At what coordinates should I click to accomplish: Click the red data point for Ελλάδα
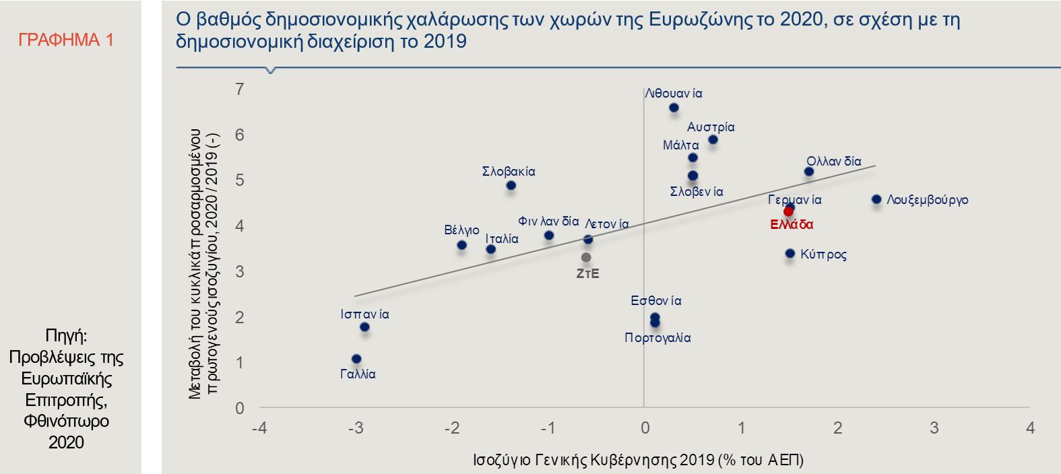[788, 211]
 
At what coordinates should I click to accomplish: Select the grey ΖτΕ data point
[586, 257]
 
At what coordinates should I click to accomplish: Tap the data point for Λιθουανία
[674, 108]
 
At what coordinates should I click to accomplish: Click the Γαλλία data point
[356, 359]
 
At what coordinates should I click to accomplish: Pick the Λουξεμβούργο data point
[876, 199]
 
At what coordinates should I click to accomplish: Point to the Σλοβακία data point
[511, 185]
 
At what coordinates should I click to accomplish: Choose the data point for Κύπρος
[790, 254]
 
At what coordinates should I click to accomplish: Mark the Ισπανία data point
[364, 327]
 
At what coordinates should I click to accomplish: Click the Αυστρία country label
[711, 127]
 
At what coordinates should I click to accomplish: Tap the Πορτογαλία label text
[657, 338]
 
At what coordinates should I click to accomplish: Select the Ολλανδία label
[834, 162]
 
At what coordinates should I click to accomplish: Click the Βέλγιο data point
[461, 245]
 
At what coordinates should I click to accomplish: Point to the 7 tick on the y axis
[239, 89]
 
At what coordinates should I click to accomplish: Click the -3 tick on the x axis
[355, 428]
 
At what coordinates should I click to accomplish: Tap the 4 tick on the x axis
[1030, 428]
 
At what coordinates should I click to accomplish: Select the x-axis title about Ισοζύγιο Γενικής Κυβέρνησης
[638, 460]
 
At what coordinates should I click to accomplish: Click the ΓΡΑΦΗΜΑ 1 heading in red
[66, 40]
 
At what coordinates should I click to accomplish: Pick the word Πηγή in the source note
[65, 335]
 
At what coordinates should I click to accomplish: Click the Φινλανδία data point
[549, 236]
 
